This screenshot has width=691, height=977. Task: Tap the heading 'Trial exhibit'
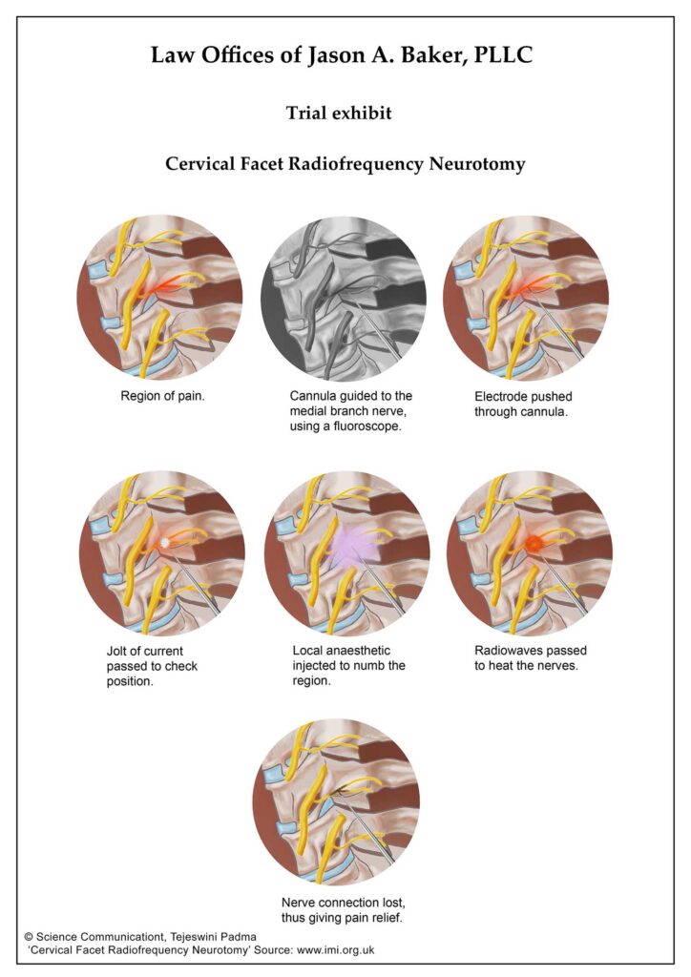point(339,113)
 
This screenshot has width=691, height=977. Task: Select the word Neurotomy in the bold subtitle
point(477,164)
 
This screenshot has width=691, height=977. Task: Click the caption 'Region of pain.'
point(162,396)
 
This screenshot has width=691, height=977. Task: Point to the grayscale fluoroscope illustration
point(344,299)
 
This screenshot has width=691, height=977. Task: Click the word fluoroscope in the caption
point(364,426)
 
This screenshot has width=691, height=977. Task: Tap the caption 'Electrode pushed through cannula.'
point(523,404)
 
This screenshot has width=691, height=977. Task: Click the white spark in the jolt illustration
point(164,543)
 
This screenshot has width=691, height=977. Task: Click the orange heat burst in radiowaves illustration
point(534,543)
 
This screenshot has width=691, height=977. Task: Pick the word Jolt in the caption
point(117,651)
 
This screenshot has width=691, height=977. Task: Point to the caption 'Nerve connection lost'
point(344,903)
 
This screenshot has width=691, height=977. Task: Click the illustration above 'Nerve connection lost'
point(337,802)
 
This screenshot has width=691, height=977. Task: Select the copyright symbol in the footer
point(29,937)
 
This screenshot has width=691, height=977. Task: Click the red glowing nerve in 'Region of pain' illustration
point(165,286)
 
